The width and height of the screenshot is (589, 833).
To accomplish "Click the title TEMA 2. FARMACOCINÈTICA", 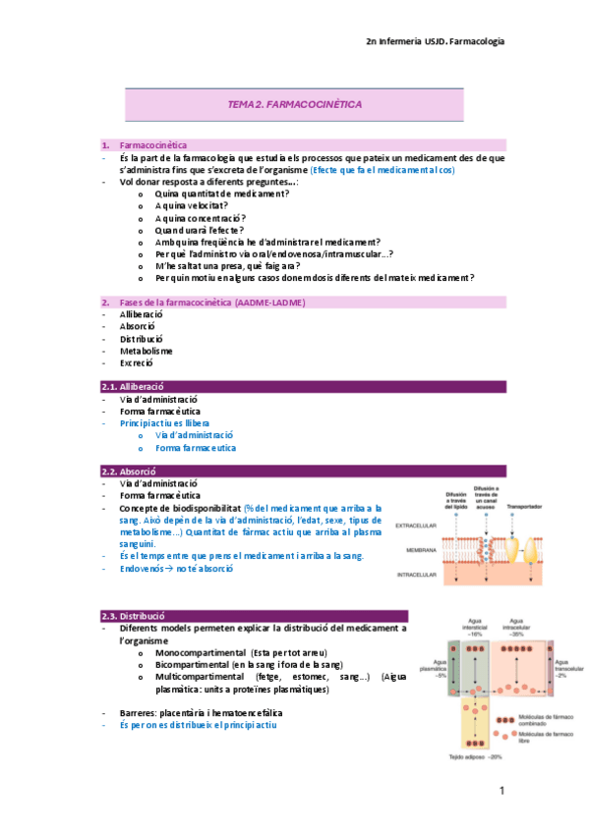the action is pos(295,103).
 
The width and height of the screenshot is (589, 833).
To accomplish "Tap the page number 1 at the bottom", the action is pos(501,790).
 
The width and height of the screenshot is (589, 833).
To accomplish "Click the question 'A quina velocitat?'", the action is pos(192,205).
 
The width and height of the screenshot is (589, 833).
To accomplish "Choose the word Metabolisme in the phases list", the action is pos(147,350).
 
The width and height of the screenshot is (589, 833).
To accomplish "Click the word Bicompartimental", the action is pos(193,665).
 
